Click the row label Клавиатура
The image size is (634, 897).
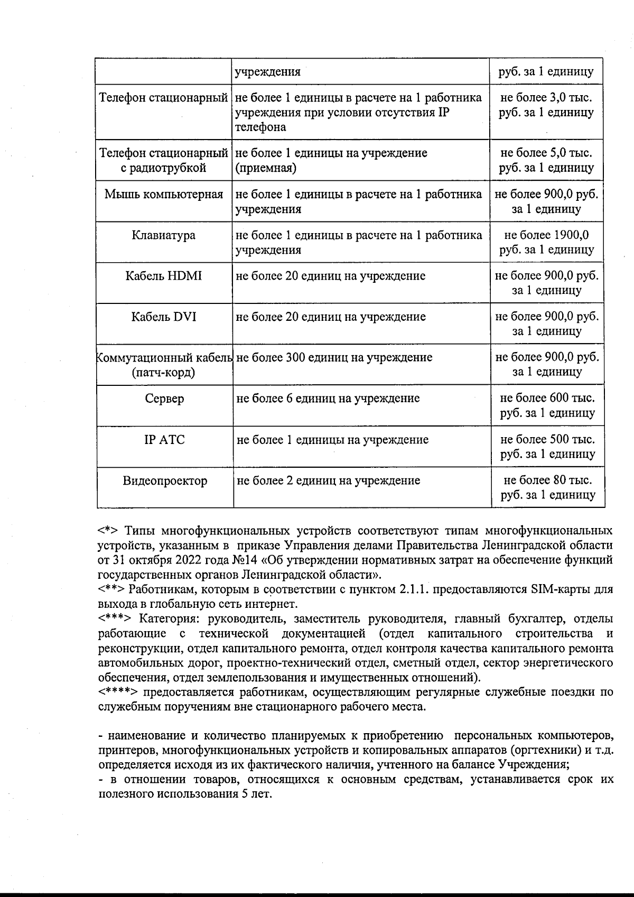163,235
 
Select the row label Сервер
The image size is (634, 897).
164,399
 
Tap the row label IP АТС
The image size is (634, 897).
164,440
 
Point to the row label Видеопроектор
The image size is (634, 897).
165,481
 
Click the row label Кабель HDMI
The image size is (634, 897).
163,276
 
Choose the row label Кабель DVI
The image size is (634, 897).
163,317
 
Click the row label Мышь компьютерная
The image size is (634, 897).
163,195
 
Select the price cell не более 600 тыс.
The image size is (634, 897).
547,405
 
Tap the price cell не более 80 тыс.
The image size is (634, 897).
547,487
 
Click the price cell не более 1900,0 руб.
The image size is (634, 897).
547,242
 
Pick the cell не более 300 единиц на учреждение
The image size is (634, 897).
334,358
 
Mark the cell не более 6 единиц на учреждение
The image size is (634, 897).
328,399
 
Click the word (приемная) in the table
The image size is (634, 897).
266,168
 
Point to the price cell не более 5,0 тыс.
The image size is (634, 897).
546,160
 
